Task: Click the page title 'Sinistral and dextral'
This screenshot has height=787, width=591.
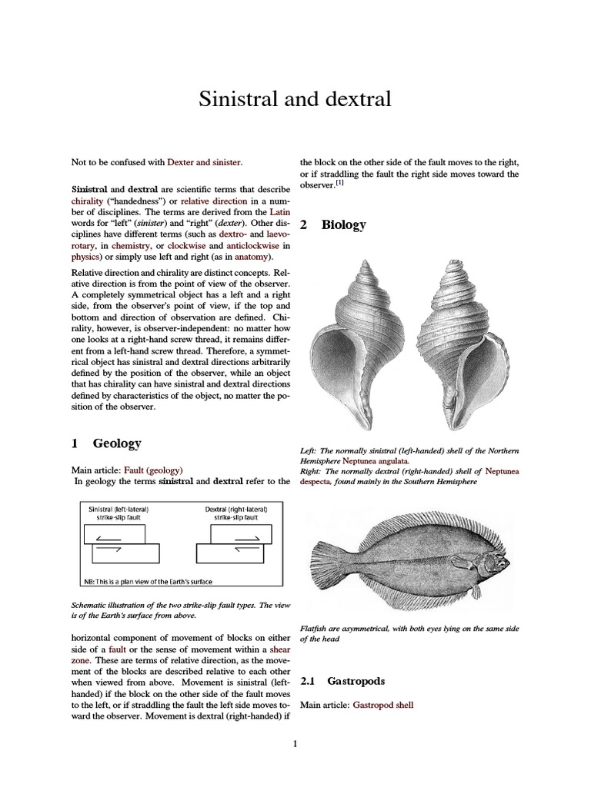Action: pos(295,99)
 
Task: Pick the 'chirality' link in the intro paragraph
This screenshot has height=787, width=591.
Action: pos(89,201)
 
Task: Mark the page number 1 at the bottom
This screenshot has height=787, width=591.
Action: pos(295,742)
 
